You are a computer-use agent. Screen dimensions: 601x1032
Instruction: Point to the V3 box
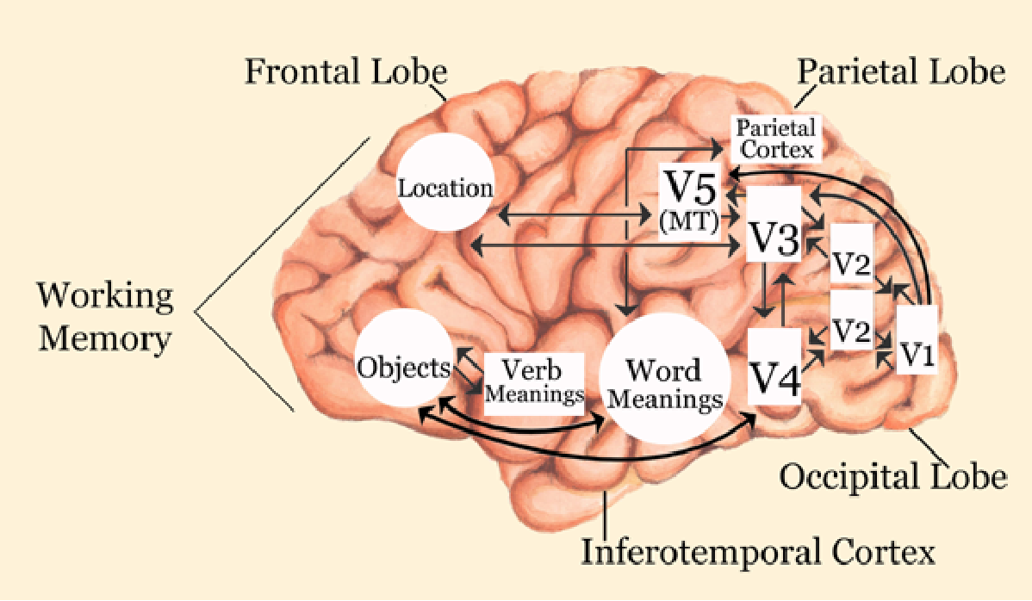point(773,237)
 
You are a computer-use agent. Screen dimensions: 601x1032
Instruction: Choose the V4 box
point(774,369)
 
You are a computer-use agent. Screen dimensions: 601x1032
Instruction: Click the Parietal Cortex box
point(774,138)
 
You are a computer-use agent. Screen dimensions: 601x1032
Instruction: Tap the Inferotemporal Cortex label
point(758,551)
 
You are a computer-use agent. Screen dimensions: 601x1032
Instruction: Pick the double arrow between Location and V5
point(573,212)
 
